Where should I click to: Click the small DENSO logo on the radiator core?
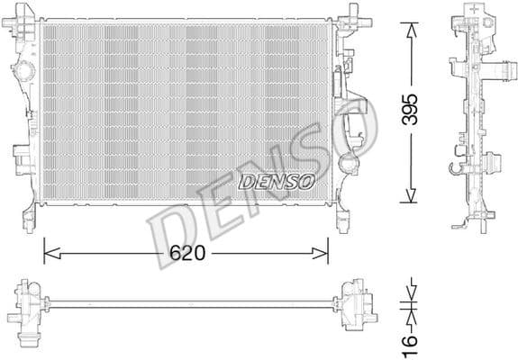click(x=276, y=181)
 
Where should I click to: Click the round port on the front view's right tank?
click(x=348, y=165)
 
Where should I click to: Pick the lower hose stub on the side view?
click(x=492, y=164)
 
